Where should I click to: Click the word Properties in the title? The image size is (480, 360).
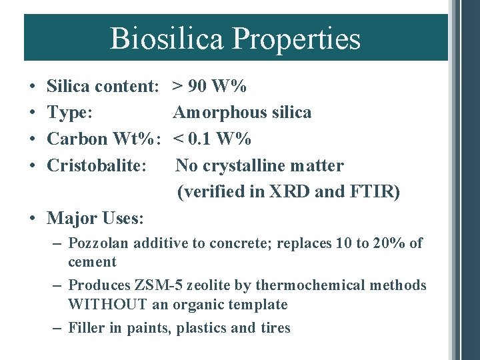coord(296,39)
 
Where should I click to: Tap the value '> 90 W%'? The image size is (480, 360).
coord(209,86)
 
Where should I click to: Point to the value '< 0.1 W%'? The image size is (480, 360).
coord(212,139)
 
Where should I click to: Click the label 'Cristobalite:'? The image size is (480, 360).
coord(97,165)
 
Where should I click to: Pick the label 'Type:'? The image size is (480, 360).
coord(74,113)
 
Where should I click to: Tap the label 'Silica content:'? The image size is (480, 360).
coord(103,86)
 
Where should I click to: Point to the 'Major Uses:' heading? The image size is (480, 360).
coord(96,218)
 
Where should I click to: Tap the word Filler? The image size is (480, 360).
coord(87,328)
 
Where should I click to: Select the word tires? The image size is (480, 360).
coord(274,328)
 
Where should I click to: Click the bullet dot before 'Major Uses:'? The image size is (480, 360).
coord(32,218)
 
